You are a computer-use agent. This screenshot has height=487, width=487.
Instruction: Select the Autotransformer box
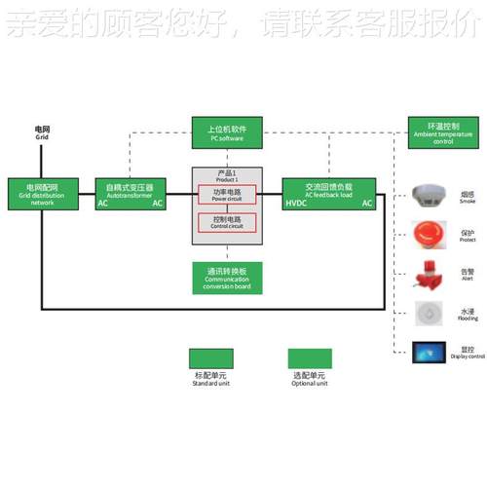coord(130,193)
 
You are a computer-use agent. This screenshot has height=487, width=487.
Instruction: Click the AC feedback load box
coord(328,193)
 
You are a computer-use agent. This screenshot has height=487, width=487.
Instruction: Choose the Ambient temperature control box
coord(443,132)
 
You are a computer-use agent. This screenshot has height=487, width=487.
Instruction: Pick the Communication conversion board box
coord(227,279)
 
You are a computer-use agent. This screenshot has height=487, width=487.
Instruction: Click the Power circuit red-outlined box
coord(227,195)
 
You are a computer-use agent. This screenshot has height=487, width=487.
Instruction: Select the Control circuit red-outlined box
coord(227,223)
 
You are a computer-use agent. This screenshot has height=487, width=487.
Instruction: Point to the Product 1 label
coord(227,175)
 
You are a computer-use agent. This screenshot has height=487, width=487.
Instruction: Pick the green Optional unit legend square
coord(309,357)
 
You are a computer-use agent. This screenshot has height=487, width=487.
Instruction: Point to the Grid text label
coord(42,138)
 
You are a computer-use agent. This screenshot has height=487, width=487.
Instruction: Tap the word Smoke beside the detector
coord(468,201)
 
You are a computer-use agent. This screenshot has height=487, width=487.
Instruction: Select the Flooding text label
coord(468,318)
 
